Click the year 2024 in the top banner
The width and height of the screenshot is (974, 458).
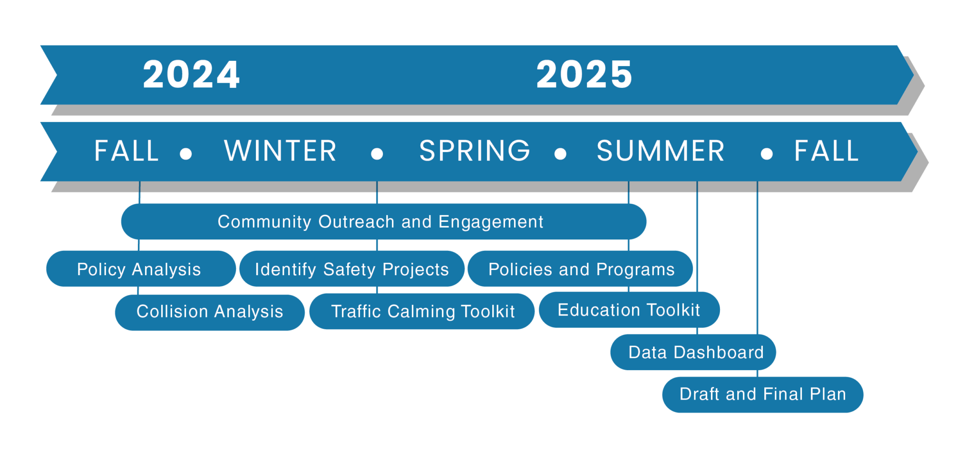click(191, 75)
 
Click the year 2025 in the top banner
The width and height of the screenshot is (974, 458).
click(584, 75)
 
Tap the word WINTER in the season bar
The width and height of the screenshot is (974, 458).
click(280, 151)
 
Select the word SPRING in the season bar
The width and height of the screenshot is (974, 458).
click(474, 151)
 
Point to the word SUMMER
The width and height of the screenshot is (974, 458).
click(660, 151)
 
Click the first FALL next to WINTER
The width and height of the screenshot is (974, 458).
click(127, 151)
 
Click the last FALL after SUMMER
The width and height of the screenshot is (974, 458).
click(827, 151)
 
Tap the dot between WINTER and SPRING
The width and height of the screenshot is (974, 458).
click(377, 153)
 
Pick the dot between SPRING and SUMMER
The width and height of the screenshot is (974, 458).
click(560, 153)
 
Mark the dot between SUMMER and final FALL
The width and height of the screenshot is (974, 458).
click(766, 153)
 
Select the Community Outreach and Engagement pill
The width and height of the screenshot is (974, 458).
click(383, 222)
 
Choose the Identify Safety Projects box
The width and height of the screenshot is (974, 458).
click(351, 269)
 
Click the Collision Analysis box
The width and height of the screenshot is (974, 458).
click(209, 312)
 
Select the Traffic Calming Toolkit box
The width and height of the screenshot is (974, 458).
click(422, 312)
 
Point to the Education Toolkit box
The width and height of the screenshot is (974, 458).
click(628, 310)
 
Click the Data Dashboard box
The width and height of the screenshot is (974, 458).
click(695, 352)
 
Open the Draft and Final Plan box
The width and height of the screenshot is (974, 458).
click(762, 394)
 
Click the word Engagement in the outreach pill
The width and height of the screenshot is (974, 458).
click(490, 222)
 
